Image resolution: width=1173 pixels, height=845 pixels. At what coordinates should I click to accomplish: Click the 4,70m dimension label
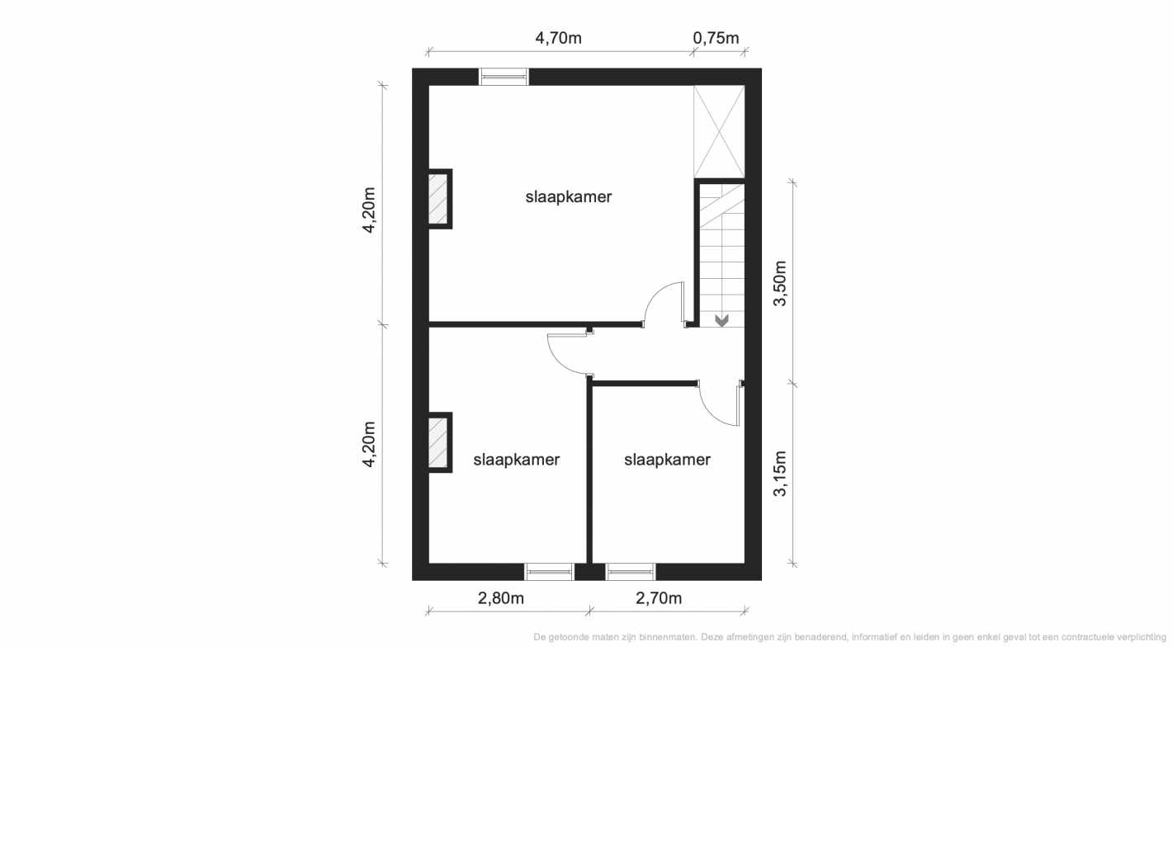pyautogui.click(x=558, y=38)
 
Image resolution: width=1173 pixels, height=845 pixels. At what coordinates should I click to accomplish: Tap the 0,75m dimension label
pyautogui.click(x=716, y=38)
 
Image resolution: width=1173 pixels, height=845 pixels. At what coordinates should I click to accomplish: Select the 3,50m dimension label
pyautogui.click(x=780, y=283)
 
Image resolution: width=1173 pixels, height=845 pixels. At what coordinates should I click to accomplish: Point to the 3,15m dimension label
pyautogui.click(x=780, y=474)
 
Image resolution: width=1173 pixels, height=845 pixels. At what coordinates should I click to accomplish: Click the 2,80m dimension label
pyautogui.click(x=500, y=598)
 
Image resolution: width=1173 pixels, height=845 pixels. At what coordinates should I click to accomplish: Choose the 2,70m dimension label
pyautogui.click(x=659, y=598)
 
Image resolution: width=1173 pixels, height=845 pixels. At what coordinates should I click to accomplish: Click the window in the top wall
pyautogui.click(x=504, y=77)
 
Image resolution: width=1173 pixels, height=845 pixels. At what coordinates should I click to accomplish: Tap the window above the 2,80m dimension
pyautogui.click(x=549, y=572)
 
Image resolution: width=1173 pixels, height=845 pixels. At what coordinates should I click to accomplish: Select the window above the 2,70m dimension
pyautogui.click(x=631, y=572)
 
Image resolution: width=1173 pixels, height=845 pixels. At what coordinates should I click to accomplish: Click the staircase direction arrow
pyautogui.click(x=722, y=320)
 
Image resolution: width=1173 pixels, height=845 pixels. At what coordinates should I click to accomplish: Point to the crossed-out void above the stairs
pyautogui.click(x=719, y=131)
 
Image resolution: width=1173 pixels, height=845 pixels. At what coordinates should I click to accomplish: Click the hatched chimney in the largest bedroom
pyautogui.click(x=439, y=198)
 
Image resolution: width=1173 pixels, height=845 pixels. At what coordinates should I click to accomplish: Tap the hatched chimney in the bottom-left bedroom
pyautogui.click(x=439, y=442)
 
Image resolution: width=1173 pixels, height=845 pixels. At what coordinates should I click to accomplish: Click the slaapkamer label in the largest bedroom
pyautogui.click(x=569, y=197)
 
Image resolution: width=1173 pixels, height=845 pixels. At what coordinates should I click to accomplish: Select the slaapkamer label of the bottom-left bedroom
pyautogui.click(x=516, y=460)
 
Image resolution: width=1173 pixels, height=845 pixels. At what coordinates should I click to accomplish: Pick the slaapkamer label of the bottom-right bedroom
pyautogui.click(x=667, y=460)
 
